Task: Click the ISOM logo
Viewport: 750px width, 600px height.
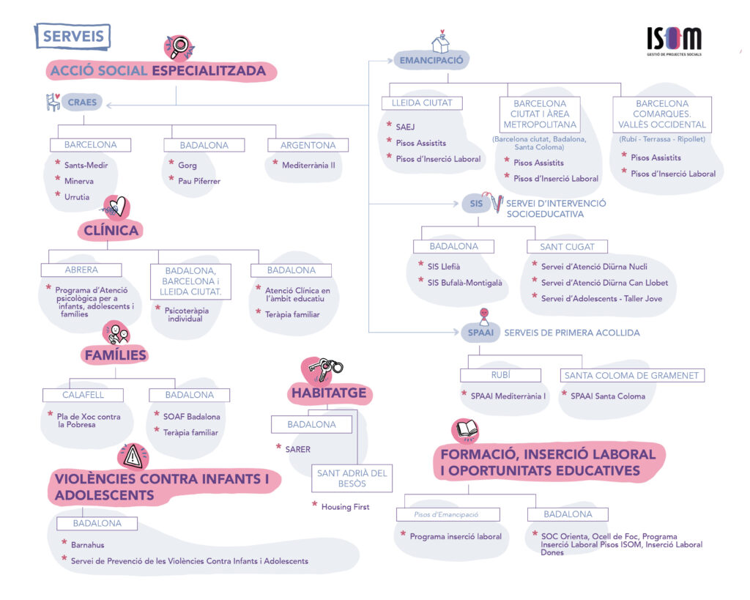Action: click(674, 41)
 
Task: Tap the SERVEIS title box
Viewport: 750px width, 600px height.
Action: click(73, 37)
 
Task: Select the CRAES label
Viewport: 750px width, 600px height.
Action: click(82, 102)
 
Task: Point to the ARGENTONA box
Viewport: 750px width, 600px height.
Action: click(308, 145)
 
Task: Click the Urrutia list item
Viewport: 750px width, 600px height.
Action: click(77, 196)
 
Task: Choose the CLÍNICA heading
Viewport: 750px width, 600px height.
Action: click(111, 230)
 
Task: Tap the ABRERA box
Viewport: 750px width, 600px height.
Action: click(81, 270)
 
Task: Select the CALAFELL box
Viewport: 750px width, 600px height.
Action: click(83, 395)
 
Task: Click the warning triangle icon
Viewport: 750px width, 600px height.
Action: click(133, 456)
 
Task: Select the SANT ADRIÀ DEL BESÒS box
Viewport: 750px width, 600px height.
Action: click(352, 478)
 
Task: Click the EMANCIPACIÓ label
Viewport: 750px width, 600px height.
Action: click(431, 60)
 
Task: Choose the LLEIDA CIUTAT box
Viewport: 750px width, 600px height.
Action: click(422, 103)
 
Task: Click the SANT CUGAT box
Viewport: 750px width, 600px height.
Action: click(568, 247)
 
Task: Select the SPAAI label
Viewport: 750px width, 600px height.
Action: click(480, 333)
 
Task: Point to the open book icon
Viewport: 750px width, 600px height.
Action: click(465, 430)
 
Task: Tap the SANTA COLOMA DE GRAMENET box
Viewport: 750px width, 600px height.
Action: click(632, 376)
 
